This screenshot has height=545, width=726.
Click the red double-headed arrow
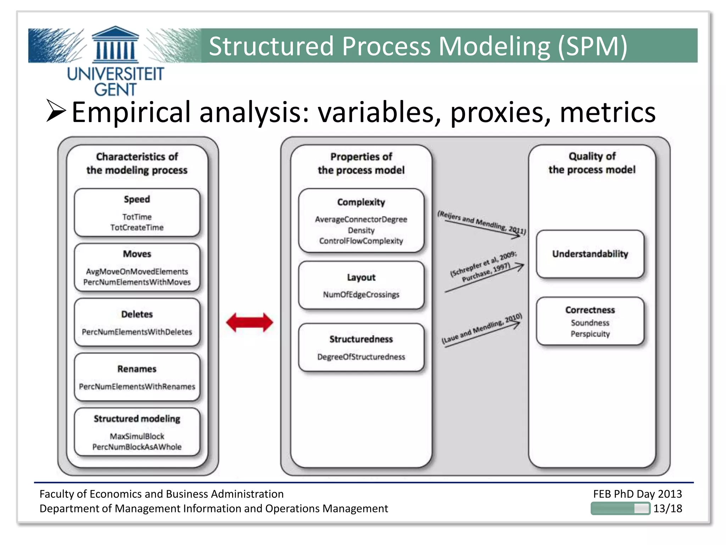[250, 322]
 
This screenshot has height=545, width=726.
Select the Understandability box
[590, 254]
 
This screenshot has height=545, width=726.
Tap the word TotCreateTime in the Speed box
[137, 227]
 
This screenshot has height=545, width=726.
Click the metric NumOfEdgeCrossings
[361, 294]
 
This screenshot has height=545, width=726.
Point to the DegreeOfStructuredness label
[361, 357]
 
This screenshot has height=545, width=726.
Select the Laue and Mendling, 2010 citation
[481, 329]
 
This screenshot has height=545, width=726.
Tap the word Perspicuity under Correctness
[590, 334]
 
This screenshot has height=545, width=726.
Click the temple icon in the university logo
[115, 44]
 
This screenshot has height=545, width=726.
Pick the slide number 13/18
[668, 508]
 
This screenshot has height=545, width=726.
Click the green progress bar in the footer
[620, 508]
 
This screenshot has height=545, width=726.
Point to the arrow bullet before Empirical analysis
[56, 111]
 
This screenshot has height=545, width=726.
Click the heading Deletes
[137, 314]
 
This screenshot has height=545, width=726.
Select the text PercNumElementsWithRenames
[137, 386]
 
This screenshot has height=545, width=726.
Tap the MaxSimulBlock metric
[137, 436]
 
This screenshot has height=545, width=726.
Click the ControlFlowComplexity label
[361, 241]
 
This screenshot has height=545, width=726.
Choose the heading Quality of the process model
[592, 163]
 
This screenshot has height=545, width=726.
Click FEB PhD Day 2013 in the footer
[637, 494]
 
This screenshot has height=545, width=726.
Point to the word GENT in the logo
[115, 89]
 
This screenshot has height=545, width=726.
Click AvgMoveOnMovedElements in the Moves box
[137, 271]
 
